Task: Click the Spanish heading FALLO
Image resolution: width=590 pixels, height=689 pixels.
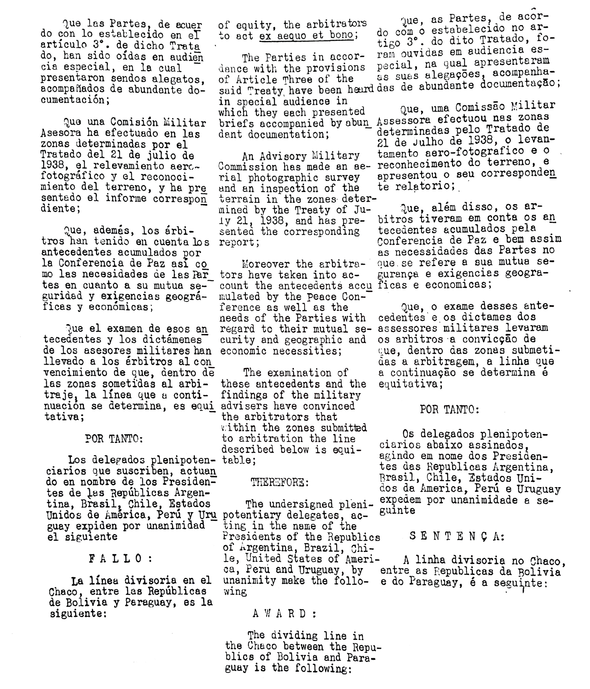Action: click(120, 559)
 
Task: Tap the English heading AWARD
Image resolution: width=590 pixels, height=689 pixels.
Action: click(285, 613)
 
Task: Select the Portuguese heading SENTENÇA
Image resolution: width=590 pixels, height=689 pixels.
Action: click(456, 536)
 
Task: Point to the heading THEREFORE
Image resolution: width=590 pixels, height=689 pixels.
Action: click(280, 482)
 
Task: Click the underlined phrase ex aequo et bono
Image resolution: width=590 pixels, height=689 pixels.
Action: click(306, 35)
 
